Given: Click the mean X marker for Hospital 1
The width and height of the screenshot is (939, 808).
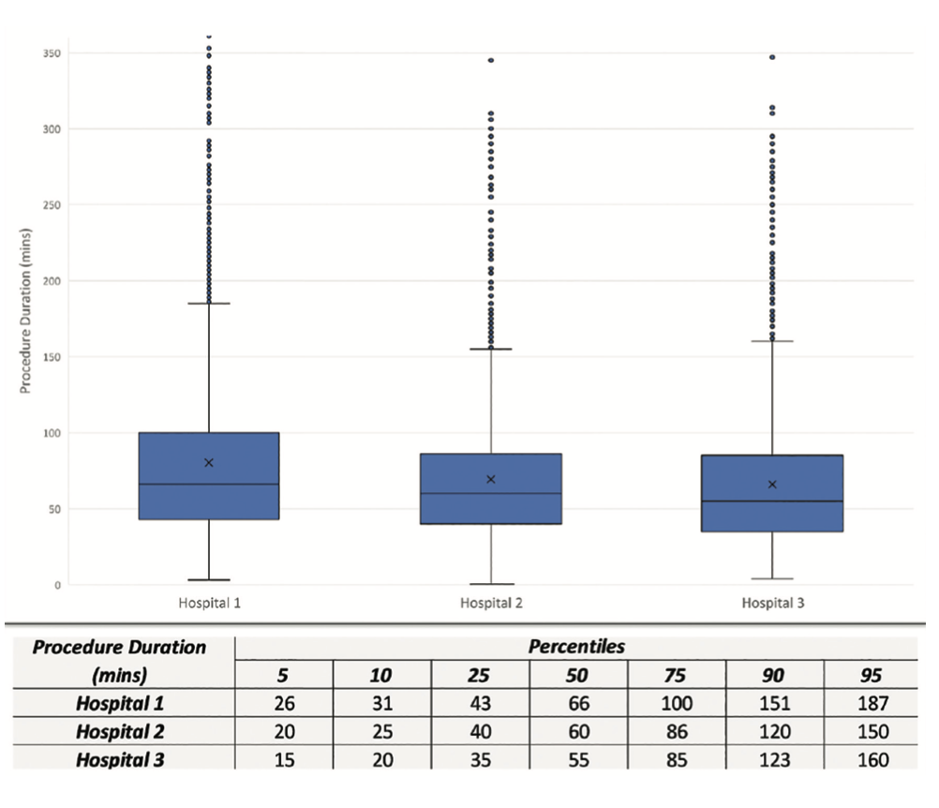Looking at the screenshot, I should pyautogui.click(x=209, y=462).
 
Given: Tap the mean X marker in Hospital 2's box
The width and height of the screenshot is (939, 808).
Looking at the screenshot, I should pyautogui.click(x=491, y=479).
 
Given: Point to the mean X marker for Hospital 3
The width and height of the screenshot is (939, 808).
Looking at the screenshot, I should pyautogui.click(x=772, y=484).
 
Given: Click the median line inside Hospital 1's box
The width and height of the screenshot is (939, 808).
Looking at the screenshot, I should pyautogui.click(x=209, y=484).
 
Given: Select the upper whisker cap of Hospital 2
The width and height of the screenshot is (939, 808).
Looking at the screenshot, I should pyautogui.click(x=491, y=349).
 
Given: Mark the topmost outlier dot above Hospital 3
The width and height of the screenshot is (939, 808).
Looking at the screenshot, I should pyautogui.click(x=772, y=57).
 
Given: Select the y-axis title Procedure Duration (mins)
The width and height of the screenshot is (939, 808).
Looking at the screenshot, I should pyautogui.click(x=25, y=309).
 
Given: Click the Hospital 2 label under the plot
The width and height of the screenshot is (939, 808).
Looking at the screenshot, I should pyautogui.click(x=491, y=603).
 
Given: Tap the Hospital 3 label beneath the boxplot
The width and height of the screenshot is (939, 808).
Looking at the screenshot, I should pyautogui.click(x=773, y=603).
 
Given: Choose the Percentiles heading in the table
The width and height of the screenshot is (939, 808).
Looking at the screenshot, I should pyautogui.click(x=576, y=647).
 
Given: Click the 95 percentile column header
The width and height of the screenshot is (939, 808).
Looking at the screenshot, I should pyautogui.click(x=870, y=675).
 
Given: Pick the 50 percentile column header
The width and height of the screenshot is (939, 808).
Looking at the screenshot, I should pyautogui.click(x=578, y=675).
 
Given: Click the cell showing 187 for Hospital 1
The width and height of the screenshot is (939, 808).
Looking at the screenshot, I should pyautogui.click(x=870, y=702).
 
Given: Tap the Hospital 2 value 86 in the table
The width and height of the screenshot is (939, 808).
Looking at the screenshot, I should pyautogui.click(x=676, y=731).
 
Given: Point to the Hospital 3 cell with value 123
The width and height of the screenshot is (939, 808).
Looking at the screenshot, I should pyautogui.click(x=773, y=760).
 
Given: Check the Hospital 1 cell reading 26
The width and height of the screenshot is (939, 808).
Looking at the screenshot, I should pyautogui.click(x=284, y=702).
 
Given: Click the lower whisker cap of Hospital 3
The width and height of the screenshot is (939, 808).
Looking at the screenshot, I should pyautogui.click(x=772, y=579).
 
